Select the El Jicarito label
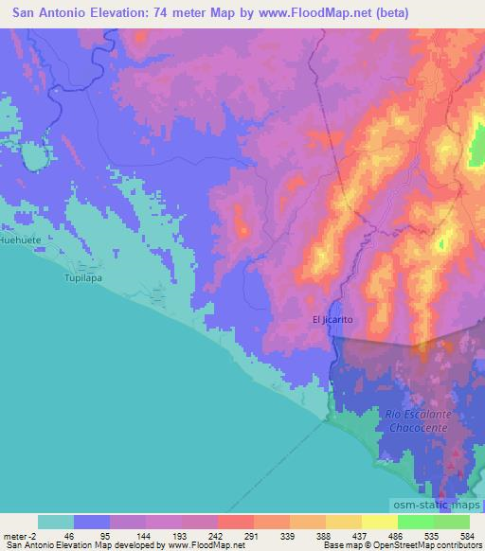(x=332, y=320)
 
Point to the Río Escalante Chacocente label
(x=410, y=421)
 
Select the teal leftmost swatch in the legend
(x=55, y=522)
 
